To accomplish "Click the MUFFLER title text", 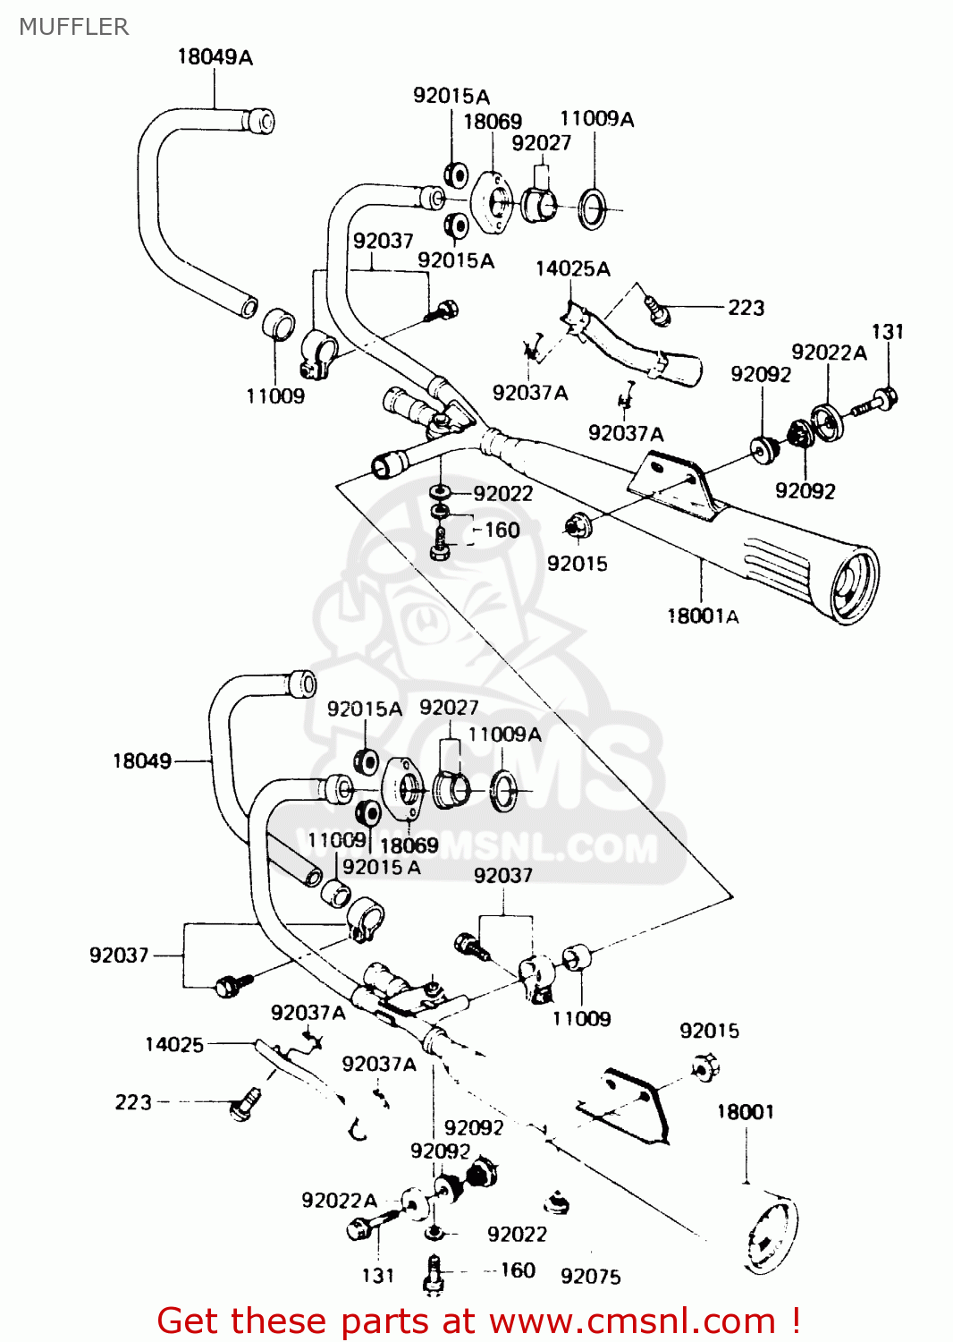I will (73, 27).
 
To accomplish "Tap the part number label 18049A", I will (215, 57).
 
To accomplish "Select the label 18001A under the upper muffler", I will (703, 616).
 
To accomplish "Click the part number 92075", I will (590, 1277).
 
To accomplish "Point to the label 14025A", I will (572, 268).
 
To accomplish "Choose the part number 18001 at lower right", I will (745, 1112).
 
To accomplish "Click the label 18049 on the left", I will (141, 761).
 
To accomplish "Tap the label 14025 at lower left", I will (173, 1044).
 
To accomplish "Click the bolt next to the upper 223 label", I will (658, 310).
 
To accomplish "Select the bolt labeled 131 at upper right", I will (872, 403).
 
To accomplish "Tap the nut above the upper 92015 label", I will (576, 527).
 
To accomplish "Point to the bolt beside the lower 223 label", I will (243, 1105).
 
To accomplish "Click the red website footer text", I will (478, 1321).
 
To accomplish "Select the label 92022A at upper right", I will (829, 352).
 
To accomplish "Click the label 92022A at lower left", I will (339, 1201).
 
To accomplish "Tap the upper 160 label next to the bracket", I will (502, 531).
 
